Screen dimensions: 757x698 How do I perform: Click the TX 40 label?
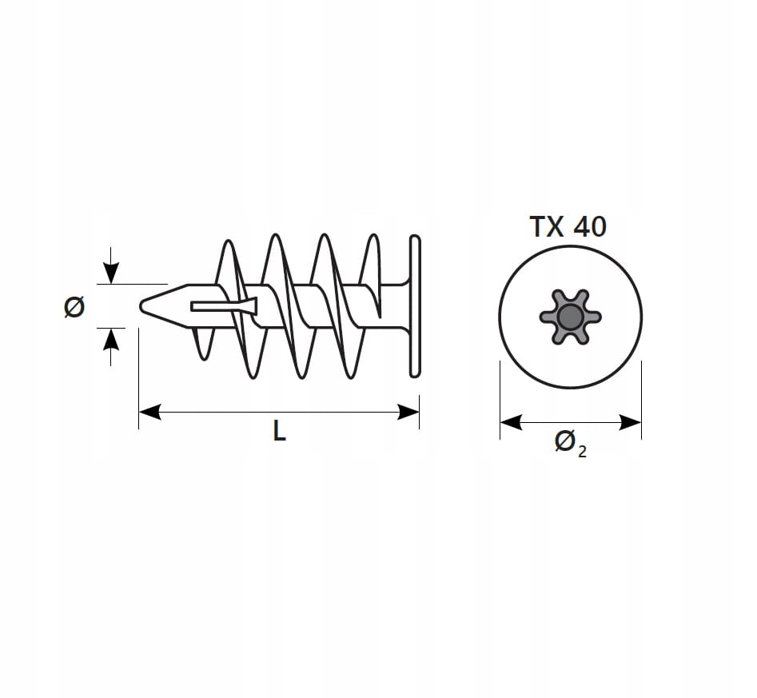[x=568, y=226]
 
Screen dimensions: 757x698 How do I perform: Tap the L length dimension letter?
[x=279, y=430]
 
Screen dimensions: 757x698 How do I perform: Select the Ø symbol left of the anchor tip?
[x=74, y=306]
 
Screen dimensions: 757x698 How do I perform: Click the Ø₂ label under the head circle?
[x=570, y=444]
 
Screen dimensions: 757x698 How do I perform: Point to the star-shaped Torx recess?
[x=570, y=317]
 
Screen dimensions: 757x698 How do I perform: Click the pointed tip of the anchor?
[x=141, y=306]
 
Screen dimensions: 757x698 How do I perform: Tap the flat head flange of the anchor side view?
[x=415, y=306]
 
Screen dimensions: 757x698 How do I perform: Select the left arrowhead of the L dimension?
[x=149, y=412]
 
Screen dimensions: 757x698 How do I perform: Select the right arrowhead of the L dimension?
[x=408, y=412]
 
